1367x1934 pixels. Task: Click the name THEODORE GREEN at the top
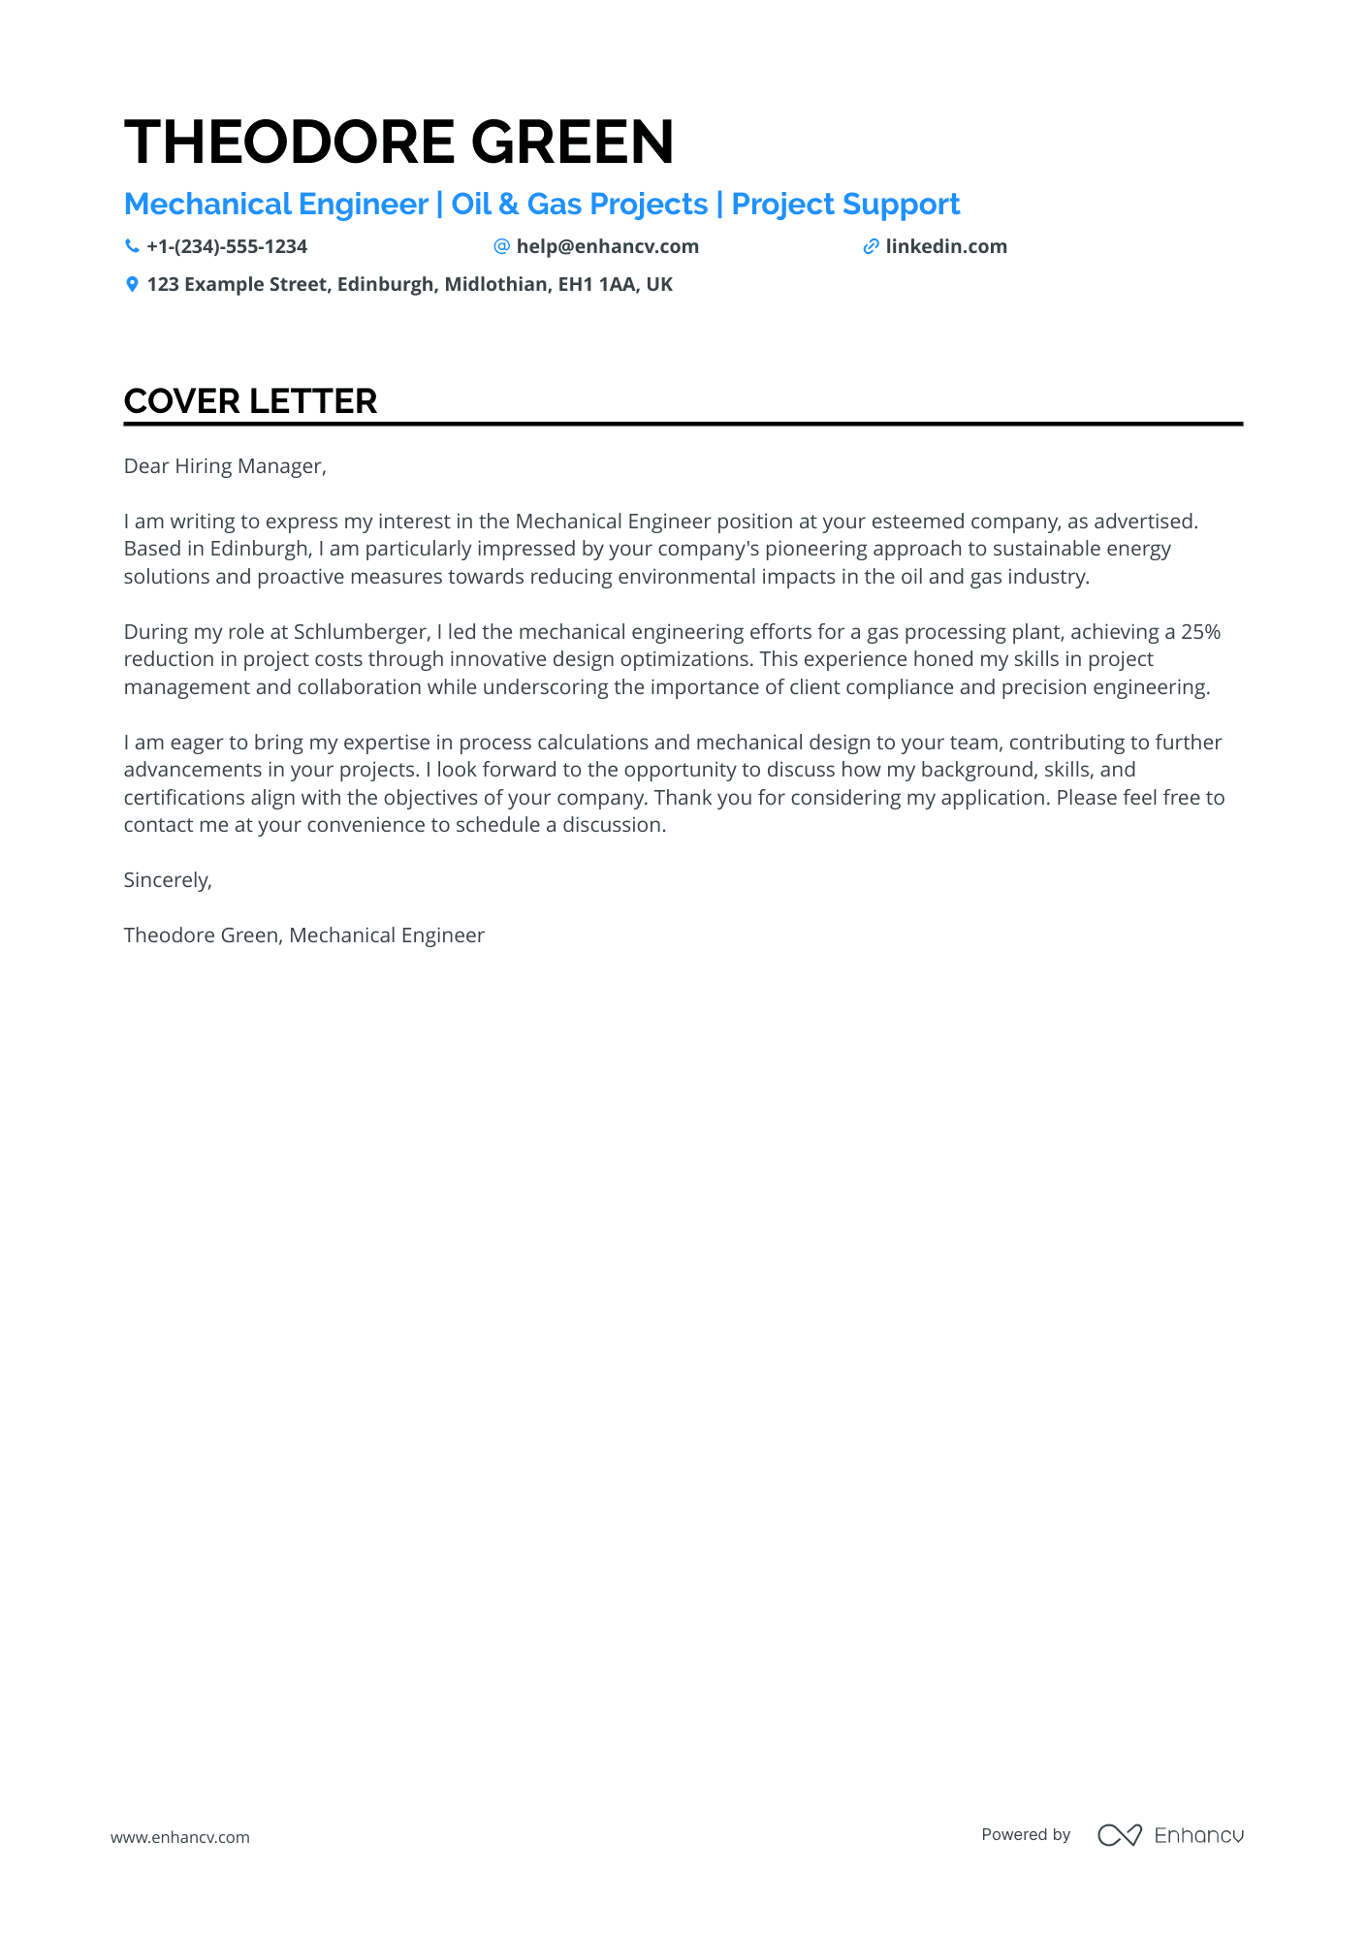point(398,143)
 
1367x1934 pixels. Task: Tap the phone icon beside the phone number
point(132,246)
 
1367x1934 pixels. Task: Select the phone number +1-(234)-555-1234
point(227,246)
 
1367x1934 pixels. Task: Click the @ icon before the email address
point(501,246)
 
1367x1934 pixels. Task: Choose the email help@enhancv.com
point(607,246)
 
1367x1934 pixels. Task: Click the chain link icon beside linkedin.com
point(871,246)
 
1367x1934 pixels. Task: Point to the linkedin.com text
point(946,246)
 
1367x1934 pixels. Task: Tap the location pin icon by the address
point(132,284)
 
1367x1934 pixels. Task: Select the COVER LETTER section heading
point(250,401)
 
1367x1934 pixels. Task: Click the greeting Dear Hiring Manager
point(225,466)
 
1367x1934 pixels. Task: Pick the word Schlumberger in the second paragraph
point(361,632)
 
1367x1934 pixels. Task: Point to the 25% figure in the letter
point(1200,632)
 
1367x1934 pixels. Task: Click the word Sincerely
point(168,880)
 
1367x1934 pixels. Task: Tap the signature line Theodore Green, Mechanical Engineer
point(303,935)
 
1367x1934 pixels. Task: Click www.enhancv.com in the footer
point(179,1837)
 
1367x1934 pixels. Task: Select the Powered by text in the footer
point(1026,1834)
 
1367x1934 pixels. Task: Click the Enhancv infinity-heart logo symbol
point(1119,1834)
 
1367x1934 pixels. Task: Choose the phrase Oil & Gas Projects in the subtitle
point(580,205)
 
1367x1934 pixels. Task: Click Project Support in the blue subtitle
point(845,205)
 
